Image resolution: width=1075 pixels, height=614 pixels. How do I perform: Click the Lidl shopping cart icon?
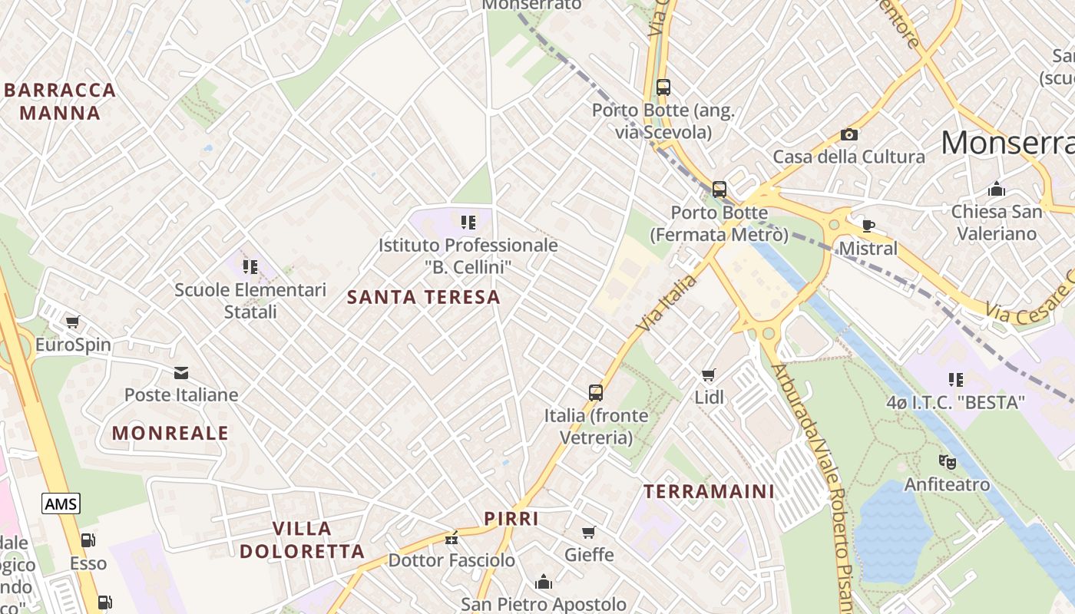(708, 375)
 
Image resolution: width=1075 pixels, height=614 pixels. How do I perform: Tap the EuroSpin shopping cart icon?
(72, 322)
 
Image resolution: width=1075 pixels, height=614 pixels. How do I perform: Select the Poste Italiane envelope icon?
(181, 373)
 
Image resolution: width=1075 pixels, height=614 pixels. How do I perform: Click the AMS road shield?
(61, 504)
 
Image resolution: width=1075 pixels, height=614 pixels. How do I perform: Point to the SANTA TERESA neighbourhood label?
(423, 297)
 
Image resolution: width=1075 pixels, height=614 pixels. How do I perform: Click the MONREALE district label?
(170, 433)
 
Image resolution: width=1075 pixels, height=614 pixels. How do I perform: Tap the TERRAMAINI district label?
(709, 491)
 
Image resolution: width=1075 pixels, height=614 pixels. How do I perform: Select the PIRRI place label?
(511, 519)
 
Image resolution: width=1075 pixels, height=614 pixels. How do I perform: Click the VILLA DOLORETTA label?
(302, 540)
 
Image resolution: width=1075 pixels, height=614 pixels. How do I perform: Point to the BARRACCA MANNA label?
(60, 101)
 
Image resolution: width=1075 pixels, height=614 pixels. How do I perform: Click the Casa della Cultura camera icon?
(848, 135)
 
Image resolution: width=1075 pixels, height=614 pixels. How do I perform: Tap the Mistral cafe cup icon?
(868, 226)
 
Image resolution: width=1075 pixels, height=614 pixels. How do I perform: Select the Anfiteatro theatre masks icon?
(947, 462)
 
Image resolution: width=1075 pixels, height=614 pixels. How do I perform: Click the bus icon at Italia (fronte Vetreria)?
(595, 393)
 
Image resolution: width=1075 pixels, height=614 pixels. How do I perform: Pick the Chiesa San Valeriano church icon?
(997, 189)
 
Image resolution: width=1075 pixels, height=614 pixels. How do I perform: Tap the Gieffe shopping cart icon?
(589, 532)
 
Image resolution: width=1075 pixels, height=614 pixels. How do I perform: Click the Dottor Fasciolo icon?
(451, 537)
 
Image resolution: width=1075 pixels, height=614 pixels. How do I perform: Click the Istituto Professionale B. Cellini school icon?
(468, 223)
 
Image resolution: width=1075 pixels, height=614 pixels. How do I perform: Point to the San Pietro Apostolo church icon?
(544, 582)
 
